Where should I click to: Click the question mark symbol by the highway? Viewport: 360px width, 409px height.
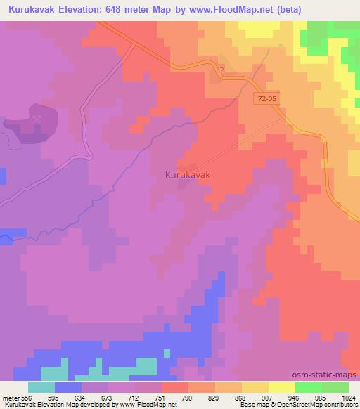point(221,70)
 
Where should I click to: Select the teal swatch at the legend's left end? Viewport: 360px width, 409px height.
point(41,387)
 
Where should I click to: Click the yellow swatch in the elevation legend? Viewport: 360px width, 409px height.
point(282,387)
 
